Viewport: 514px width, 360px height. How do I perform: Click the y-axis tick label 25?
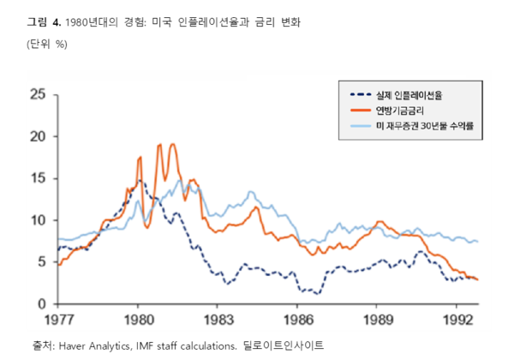(38, 93)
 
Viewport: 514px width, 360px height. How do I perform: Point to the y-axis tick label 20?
(38, 135)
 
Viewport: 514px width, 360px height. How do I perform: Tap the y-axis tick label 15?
(38, 177)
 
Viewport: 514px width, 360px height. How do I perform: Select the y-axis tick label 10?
(38, 219)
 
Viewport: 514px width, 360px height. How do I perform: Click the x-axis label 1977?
(58, 321)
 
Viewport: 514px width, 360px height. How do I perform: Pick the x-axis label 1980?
(137, 321)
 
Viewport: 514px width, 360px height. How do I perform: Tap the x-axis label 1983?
(217, 321)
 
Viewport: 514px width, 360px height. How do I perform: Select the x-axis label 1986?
(296, 321)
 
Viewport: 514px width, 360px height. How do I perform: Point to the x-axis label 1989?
(376, 321)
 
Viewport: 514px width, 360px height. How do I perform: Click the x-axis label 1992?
(456, 321)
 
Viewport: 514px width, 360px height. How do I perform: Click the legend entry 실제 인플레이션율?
(411, 94)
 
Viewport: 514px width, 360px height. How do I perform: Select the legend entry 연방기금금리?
(401, 110)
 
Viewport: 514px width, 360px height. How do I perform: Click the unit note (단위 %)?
(48, 43)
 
